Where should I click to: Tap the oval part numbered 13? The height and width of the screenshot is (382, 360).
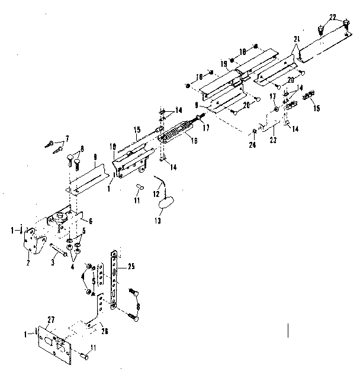(x=165, y=203)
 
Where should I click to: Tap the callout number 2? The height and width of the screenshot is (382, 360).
(x=28, y=255)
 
